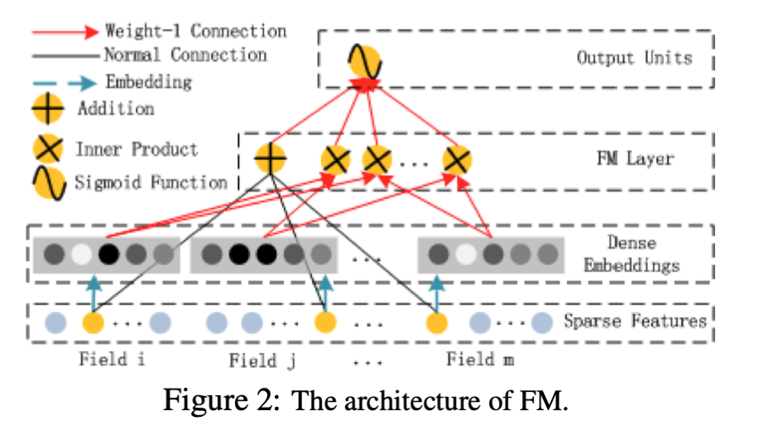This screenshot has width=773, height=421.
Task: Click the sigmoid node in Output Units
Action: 363,60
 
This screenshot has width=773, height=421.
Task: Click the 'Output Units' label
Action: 634,58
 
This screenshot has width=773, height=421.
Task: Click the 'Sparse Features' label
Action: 635,321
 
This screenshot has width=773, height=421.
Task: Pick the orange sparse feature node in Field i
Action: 93,322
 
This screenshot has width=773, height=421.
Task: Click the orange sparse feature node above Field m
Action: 436,322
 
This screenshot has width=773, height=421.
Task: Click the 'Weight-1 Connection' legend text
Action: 195,31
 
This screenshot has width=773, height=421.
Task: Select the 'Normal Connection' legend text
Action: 185,56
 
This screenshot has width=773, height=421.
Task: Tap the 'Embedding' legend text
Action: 148,81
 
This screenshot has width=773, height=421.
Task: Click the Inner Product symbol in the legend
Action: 47,150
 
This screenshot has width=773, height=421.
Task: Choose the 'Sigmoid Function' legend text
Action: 151,181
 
